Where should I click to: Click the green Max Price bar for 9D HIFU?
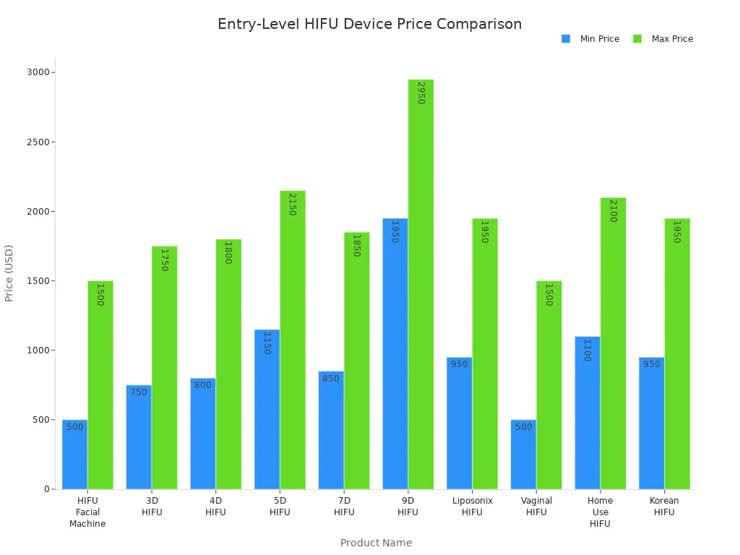coord(421,289)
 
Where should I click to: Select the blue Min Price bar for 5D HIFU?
coord(267,412)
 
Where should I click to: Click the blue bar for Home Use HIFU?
coord(587,416)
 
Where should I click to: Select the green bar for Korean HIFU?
coord(676,354)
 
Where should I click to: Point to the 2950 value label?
coord(421,92)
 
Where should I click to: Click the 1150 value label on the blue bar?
coord(267,343)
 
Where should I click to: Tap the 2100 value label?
coord(613,210)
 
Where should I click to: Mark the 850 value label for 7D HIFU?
coord(330,379)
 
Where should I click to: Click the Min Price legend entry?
coord(590,39)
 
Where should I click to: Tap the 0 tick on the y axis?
coord(46,489)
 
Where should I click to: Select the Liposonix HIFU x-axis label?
coord(472,507)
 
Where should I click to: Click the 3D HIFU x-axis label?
coord(152,507)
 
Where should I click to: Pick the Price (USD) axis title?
coord(9,273)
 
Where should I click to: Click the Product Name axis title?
coord(376,543)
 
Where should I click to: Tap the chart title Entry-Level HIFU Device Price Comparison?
coord(369,24)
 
